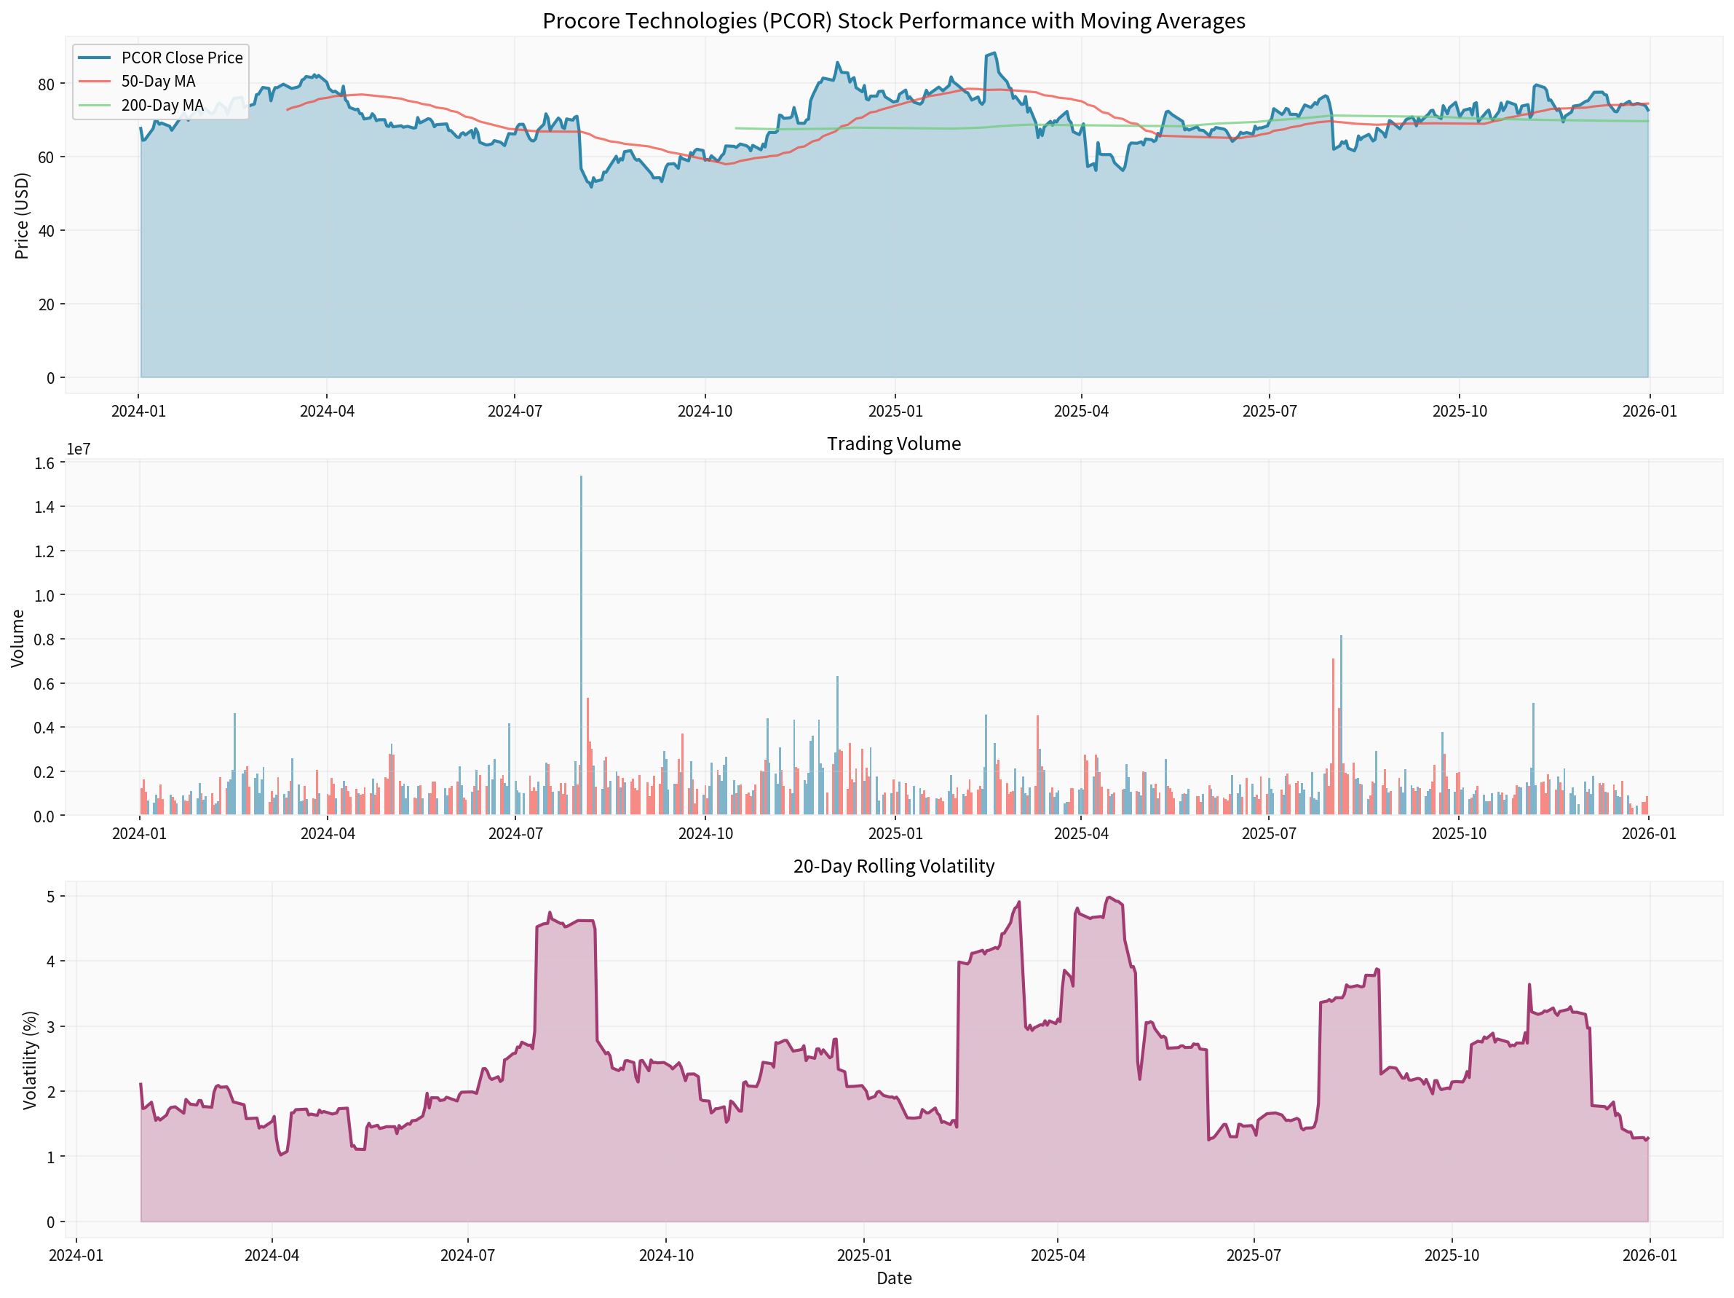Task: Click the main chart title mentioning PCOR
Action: (894, 21)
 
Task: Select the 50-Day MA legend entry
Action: (157, 82)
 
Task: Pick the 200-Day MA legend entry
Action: (162, 105)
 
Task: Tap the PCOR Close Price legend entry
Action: (181, 58)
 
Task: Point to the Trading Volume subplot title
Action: (894, 444)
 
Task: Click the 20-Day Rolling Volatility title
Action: (894, 866)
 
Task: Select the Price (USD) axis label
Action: (22, 216)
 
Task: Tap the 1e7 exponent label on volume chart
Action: (79, 449)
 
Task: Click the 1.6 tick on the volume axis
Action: (44, 463)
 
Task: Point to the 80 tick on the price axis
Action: (47, 84)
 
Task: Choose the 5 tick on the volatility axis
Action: (51, 896)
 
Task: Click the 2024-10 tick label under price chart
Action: (705, 412)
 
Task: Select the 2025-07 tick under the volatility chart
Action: (1254, 1256)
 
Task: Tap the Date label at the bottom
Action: (894, 1278)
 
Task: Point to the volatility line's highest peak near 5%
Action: (1109, 897)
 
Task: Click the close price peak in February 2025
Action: (995, 53)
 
